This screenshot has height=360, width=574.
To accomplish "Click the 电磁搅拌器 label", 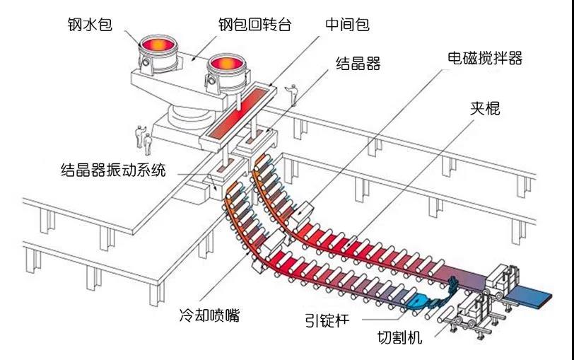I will pos(485,58).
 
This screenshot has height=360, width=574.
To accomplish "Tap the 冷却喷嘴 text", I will pos(210,315).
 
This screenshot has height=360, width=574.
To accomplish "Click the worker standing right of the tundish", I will pos(291,95).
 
